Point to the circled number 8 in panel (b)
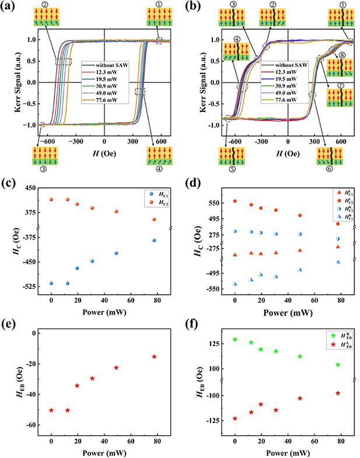click(x=341, y=55)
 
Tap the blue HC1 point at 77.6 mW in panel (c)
click(x=154, y=240)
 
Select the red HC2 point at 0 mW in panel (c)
click(x=51, y=200)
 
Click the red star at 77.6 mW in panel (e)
click(x=154, y=356)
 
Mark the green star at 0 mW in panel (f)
click(x=235, y=340)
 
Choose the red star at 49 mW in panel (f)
click(x=300, y=398)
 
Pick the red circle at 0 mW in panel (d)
click(x=235, y=201)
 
